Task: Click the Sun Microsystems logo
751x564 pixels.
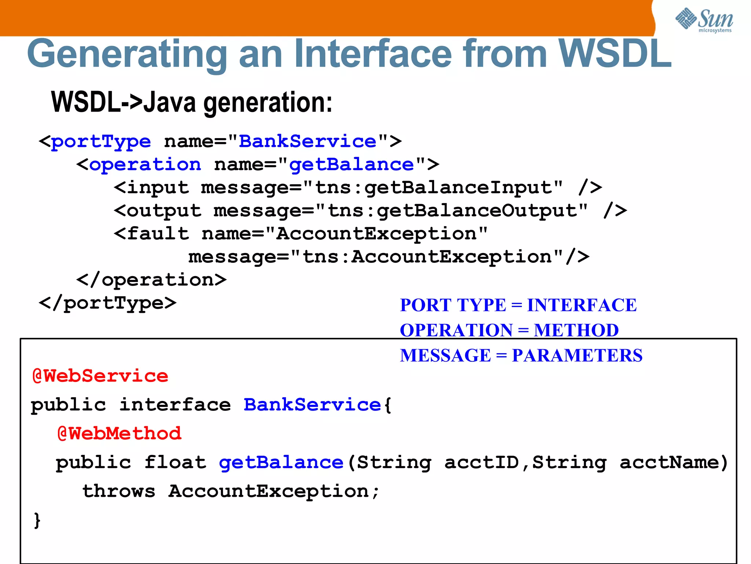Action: coord(704,20)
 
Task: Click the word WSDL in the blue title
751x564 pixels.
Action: coord(615,54)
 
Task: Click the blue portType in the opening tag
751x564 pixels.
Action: coord(101,142)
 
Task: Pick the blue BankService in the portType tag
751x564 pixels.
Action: coord(307,142)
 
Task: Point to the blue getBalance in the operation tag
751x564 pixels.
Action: coord(351,165)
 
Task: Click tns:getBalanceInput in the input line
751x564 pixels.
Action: coord(439,188)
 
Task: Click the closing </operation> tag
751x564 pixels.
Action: coord(151,280)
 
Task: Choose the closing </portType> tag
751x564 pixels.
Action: coord(107,304)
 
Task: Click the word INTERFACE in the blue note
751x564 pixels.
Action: coord(582,305)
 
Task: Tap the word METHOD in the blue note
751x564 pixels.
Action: coord(576,330)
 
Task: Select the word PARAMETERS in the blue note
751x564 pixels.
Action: coord(577,355)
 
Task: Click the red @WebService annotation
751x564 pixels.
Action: coord(100,376)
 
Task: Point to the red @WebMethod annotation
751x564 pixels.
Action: coord(119,434)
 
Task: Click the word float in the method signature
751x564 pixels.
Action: coord(175,462)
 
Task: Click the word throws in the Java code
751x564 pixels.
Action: coord(119,491)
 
